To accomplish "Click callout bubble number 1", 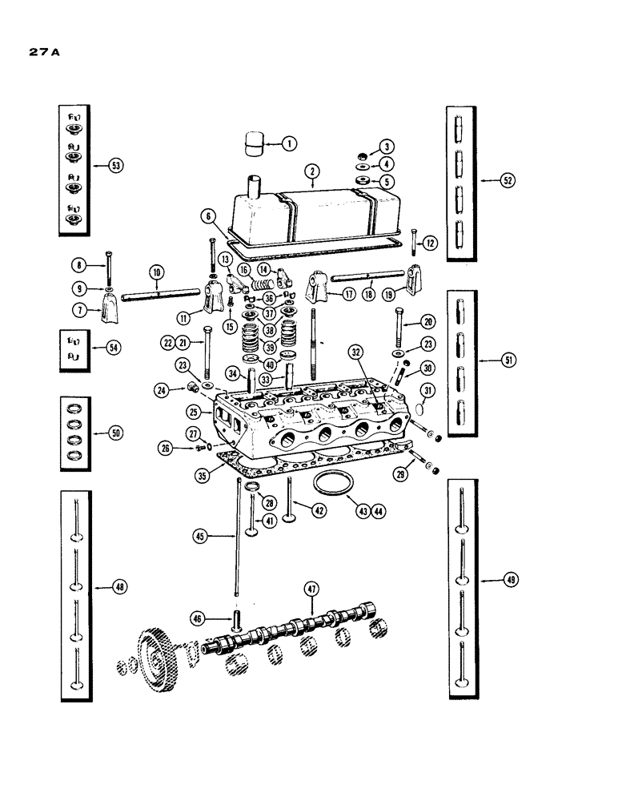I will [289, 144].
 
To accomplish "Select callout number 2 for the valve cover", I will [311, 170].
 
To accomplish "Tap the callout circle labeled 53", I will [117, 166].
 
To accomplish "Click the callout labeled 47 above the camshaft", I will [311, 589].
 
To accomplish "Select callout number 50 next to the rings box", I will [117, 433].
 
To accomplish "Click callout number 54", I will [117, 348].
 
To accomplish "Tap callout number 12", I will [431, 242].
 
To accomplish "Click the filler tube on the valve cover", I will [255, 190].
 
